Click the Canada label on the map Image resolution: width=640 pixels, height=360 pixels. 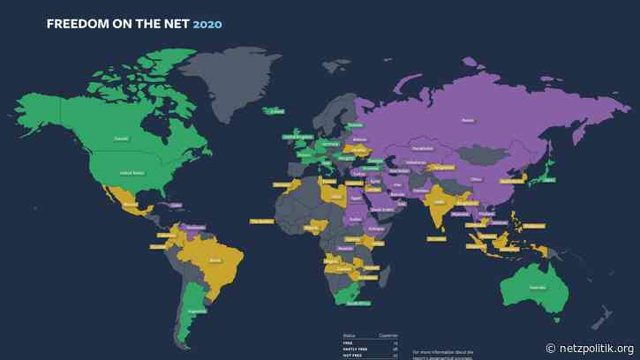click(x=120, y=138)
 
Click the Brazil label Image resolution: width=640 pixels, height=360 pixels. click(x=212, y=260)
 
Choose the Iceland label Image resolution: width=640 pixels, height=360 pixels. click(x=277, y=110)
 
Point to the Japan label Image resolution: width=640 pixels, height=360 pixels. click(x=548, y=179)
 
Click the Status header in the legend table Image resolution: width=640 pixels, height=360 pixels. click(x=350, y=335)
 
